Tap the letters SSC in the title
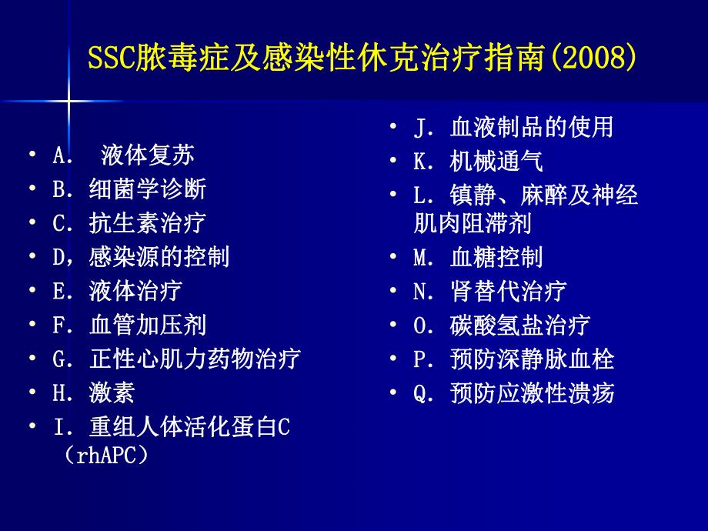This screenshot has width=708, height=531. click(109, 57)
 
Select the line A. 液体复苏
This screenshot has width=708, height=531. click(123, 155)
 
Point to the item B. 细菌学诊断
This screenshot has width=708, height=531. click(129, 189)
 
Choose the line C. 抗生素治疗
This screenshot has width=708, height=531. click(129, 223)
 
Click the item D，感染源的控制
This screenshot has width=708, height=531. click(140, 257)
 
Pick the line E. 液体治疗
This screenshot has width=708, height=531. click(117, 291)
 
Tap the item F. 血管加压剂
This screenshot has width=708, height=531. click(129, 325)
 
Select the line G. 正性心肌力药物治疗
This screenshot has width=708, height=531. click(175, 359)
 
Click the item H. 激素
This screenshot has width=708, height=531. click(93, 392)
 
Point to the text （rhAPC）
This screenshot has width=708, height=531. click(103, 456)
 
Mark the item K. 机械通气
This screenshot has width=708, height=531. click(478, 161)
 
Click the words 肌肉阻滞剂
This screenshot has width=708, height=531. click(473, 223)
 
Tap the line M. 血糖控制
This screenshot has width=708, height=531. click(478, 257)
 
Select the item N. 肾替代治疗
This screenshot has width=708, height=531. click(489, 291)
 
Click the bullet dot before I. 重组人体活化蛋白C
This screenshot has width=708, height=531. click(32, 426)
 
